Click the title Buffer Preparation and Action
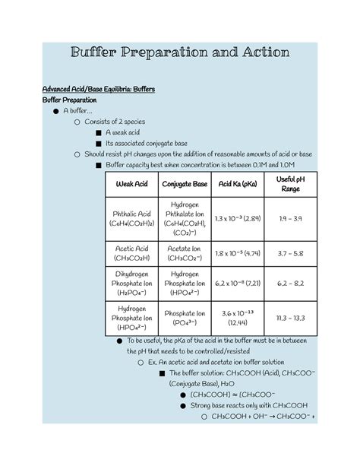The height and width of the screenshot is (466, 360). coord(180,52)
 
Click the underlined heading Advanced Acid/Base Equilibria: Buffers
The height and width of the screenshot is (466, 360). coord(98,90)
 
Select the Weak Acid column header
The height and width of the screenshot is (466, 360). coord(131,185)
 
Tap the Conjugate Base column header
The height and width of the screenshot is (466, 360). coord(185,185)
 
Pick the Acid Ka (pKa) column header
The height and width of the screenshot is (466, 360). coord(237,185)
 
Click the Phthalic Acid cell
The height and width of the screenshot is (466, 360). coord(131,220)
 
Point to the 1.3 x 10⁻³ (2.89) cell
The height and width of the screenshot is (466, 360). coord(237,219)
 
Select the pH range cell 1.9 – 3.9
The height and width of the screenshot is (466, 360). coord(290,219)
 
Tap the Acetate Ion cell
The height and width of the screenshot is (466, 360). coord(185,253)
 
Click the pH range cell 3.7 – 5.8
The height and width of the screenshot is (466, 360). coord(290,253)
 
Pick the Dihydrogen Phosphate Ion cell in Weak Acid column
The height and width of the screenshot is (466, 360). coord(131,283)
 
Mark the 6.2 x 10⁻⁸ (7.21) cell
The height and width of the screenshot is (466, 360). coord(237,283)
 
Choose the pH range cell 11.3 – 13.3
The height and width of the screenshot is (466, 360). coord(290,318)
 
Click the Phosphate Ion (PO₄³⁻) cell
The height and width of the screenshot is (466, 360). coord(185,318)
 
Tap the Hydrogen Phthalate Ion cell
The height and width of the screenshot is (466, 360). coord(185,219)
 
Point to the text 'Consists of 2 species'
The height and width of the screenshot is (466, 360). coord(115,122)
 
